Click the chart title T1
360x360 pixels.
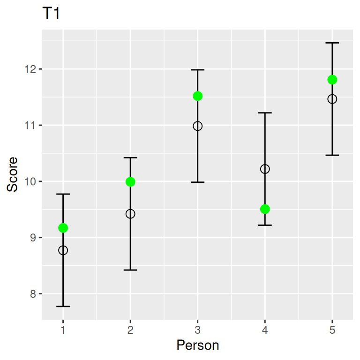pos(51,14)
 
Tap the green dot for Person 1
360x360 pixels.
pos(63,228)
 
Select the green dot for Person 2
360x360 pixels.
pos(130,182)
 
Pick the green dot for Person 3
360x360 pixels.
pos(197,96)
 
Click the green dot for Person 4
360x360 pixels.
pos(265,209)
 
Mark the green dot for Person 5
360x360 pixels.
pos(332,80)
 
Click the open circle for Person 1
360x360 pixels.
pos(63,250)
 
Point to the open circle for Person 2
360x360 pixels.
pos(130,214)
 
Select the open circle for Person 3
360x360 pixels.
pos(197,126)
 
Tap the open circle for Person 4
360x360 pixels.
pos(265,169)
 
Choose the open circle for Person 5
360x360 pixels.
pos(332,99)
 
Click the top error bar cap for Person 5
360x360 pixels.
pos(332,43)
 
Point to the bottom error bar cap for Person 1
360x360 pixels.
pos(63,306)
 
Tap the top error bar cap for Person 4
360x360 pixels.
pos(265,113)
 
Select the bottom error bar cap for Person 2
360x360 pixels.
pos(130,270)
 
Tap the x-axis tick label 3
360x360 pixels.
pos(197,330)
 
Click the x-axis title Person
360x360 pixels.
pos(197,346)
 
